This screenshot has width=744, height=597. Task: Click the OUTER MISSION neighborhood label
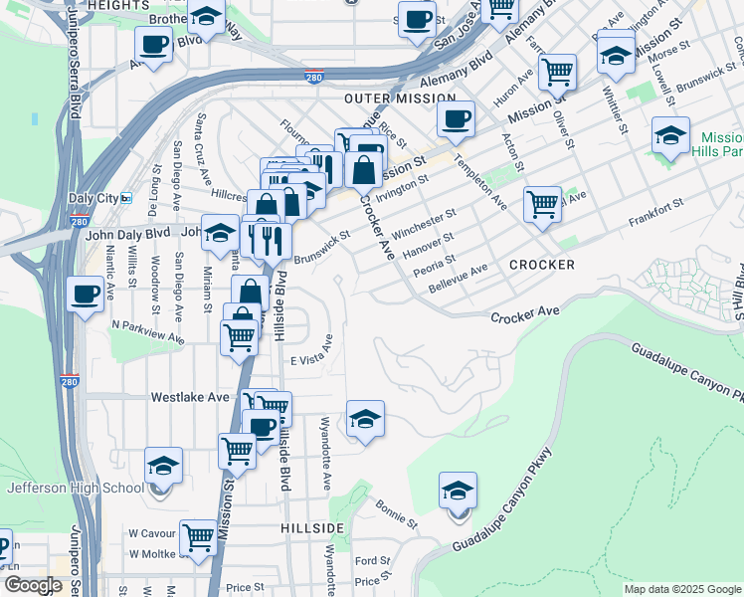click(x=399, y=99)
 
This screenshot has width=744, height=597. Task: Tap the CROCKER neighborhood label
click(x=542, y=265)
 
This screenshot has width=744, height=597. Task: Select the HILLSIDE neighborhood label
click(x=312, y=526)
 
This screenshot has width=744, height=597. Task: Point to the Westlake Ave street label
click(x=190, y=396)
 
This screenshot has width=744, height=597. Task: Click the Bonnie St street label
click(x=396, y=512)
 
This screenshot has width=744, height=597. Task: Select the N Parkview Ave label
click(x=147, y=331)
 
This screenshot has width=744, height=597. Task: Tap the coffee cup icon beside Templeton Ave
click(x=457, y=119)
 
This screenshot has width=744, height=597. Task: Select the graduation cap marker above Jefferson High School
click(x=163, y=466)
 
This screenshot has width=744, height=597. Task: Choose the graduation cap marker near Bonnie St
click(x=458, y=491)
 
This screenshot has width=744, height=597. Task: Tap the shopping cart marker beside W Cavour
click(x=200, y=536)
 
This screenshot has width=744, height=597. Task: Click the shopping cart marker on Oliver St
click(x=558, y=72)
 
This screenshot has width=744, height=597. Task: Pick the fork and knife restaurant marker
click(x=271, y=240)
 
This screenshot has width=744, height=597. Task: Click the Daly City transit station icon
click(x=126, y=198)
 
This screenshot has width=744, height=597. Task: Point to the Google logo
click(x=33, y=586)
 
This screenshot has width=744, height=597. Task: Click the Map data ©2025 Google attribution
click(x=681, y=589)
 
